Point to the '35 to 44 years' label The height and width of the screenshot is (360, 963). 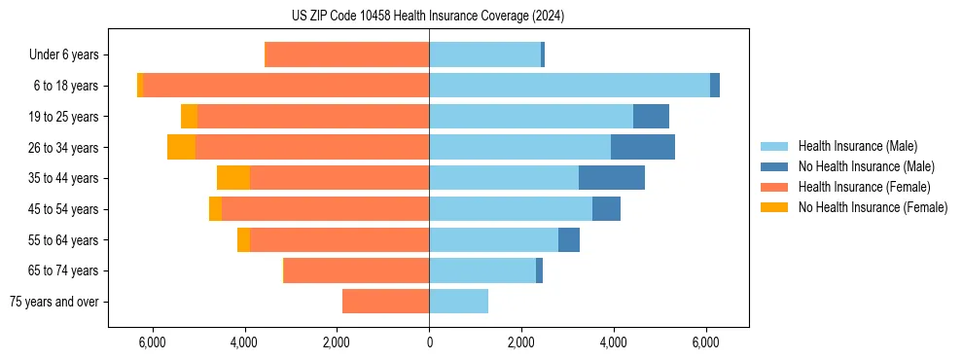pyautogui.click(x=64, y=178)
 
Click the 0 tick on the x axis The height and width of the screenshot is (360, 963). pyautogui.click(x=429, y=342)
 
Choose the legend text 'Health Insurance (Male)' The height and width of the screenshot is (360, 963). pyautogui.click(x=857, y=146)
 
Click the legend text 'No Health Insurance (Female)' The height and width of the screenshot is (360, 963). pyautogui.click(x=873, y=207)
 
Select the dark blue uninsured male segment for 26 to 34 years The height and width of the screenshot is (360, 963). pyautogui.click(x=643, y=147)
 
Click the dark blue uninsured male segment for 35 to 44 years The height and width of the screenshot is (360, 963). pyautogui.click(x=612, y=178)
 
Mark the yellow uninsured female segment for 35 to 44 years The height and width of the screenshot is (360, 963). pyautogui.click(x=233, y=178)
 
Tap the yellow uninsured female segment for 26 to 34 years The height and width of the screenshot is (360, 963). pyautogui.click(x=181, y=147)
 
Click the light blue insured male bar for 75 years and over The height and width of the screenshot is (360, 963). pyautogui.click(x=458, y=302)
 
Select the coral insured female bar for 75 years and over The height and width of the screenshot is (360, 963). pyautogui.click(x=385, y=302)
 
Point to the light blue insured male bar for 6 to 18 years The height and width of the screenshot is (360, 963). pyautogui.click(x=569, y=86)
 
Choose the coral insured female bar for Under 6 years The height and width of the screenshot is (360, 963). pyautogui.click(x=347, y=55)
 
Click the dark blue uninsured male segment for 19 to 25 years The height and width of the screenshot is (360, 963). pyautogui.click(x=651, y=117)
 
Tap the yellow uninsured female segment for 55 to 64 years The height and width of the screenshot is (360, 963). pyautogui.click(x=243, y=239)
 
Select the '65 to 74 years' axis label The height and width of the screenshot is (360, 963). pyautogui.click(x=64, y=270)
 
